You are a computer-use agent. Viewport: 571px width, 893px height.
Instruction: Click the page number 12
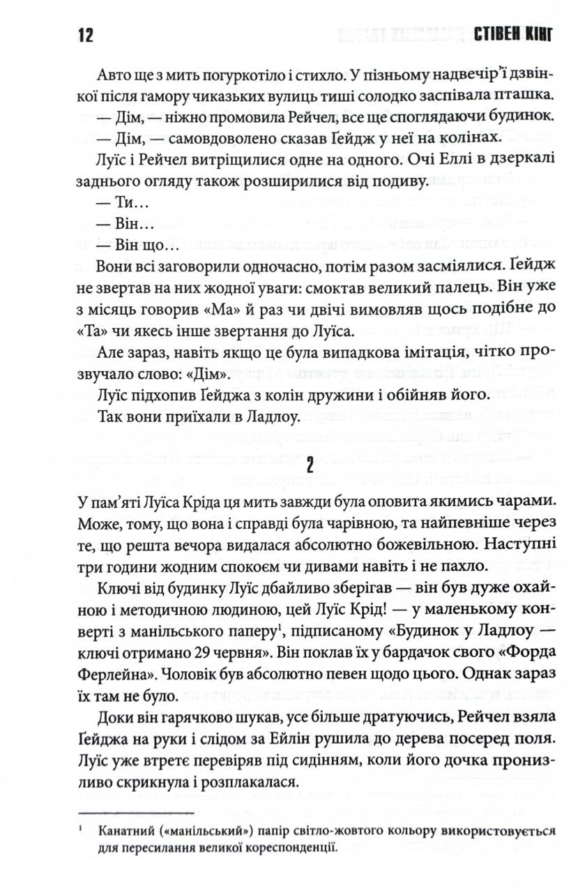tap(82, 36)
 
